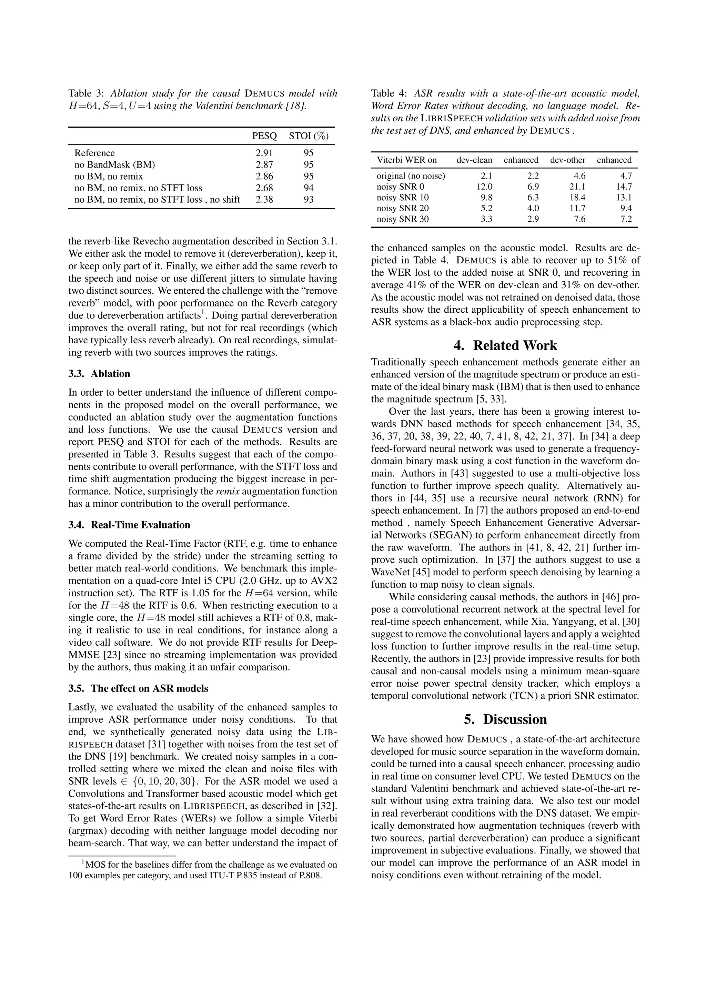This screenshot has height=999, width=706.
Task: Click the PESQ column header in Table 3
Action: [264, 136]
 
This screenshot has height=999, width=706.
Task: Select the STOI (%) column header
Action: [309, 136]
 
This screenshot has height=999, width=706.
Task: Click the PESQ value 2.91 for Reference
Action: [264, 153]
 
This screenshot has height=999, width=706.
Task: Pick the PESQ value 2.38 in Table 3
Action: [264, 200]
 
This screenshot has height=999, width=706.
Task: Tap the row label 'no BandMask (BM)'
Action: [114, 165]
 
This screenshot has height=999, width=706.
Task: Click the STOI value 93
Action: [309, 200]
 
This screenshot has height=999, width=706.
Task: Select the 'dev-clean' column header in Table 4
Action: [474, 160]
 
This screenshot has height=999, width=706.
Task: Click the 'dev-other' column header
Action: [568, 160]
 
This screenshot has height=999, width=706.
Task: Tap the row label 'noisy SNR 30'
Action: [402, 219]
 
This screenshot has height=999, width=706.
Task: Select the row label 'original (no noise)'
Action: [411, 176]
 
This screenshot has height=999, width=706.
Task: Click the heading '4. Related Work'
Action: [505, 345]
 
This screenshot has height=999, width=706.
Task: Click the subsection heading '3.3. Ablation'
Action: [99, 374]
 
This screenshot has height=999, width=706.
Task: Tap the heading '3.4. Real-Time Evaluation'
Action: [129, 525]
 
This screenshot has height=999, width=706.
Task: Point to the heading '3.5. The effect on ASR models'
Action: [138, 688]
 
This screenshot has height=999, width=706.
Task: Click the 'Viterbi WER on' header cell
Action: [407, 160]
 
